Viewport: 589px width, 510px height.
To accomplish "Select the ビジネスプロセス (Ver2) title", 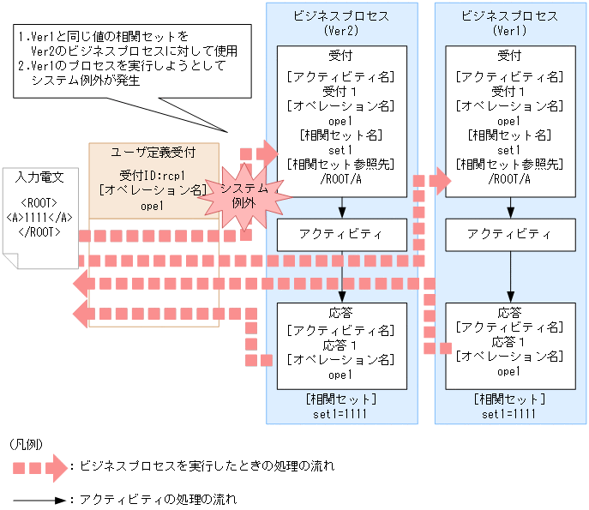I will click(341, 23).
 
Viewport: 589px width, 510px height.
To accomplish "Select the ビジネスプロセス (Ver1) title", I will click(510, 23).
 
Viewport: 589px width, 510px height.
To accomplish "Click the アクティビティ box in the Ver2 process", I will click(341, 234).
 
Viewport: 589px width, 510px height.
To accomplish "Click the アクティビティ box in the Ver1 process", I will click(510, 234).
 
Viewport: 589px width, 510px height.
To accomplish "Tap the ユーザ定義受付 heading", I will click(154, 153).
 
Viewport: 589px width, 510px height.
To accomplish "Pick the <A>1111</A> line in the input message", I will click(39, 218).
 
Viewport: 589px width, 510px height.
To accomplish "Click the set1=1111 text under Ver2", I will click(341, 413).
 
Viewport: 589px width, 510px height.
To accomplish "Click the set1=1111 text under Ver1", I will click(510, 413).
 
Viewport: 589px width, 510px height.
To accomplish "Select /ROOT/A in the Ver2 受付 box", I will click(341, 179).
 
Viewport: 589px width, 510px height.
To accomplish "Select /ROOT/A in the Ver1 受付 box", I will click(510, 179).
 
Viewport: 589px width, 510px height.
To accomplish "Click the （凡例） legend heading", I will click(25, 444).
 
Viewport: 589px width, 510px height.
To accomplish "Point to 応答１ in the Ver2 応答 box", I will click(341, 344).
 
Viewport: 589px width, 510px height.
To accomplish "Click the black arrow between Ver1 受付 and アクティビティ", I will click(510, 207).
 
